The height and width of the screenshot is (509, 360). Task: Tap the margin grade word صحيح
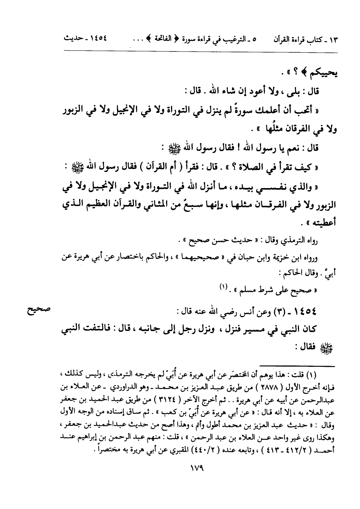coord(38,310)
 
